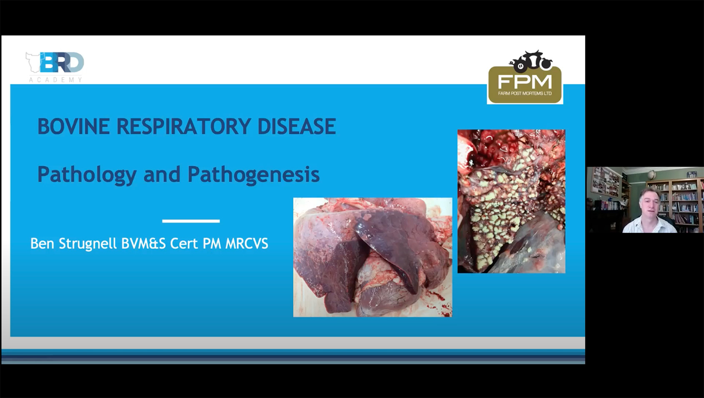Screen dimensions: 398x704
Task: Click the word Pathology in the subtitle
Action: [87, 175]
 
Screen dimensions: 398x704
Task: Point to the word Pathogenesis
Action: [253, 175]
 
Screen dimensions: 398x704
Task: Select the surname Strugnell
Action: [87, 244]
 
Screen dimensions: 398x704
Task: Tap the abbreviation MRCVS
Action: [247, 244]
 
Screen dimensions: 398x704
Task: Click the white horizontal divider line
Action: [191, 221]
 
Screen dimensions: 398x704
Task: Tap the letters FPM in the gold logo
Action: [525, 81]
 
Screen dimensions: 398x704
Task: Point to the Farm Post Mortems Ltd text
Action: [525, 93]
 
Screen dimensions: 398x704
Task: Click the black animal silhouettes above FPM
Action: [531, 62]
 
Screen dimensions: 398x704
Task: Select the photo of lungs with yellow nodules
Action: [511, 201]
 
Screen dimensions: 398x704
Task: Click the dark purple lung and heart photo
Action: [372, 257]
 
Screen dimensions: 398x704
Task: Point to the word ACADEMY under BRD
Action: [55, 80]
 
